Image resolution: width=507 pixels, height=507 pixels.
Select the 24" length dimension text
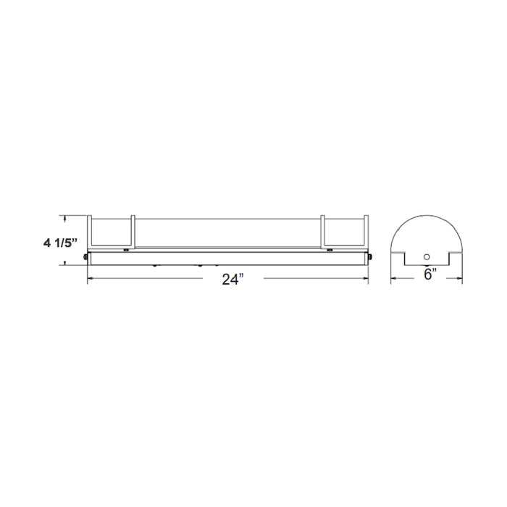(231, 280)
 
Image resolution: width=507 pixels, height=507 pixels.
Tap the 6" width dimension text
(428, 275)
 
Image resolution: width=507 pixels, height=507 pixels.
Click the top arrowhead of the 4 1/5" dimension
(67, 217)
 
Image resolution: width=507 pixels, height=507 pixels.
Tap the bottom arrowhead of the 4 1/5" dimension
(67, 263)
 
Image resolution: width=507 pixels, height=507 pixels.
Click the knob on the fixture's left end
(86, 256)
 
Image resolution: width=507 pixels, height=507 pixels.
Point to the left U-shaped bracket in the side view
(111, 232)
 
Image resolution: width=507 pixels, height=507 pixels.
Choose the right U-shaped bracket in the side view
(345, 232)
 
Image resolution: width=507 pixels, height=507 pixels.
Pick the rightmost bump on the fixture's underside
(239, 265)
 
